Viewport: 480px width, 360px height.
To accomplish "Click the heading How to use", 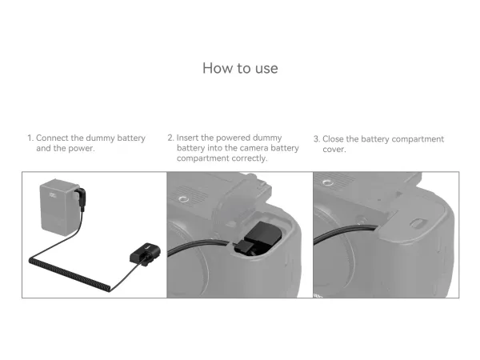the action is tap(240, 68).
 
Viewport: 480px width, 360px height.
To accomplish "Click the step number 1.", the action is tap(30, 138).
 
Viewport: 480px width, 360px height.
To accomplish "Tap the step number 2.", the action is tap(170, 138).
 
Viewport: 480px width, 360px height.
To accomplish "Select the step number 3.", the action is tap(317, 139).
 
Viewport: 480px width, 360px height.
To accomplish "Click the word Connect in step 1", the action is tap(52, 138).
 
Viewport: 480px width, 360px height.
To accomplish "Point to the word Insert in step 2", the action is tap(188, 138).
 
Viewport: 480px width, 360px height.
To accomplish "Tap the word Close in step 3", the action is tap(333, 139).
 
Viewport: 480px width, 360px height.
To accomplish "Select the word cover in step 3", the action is tap(334, 150).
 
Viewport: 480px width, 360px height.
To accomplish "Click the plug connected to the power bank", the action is tap(81, 199).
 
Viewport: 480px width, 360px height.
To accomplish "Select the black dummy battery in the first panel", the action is tap(145, 254).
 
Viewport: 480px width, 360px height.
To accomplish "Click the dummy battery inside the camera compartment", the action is tap(261, 235).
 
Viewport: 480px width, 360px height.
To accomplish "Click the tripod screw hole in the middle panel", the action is tap(183, 200).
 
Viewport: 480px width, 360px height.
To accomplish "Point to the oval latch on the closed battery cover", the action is tap(418, 223).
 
